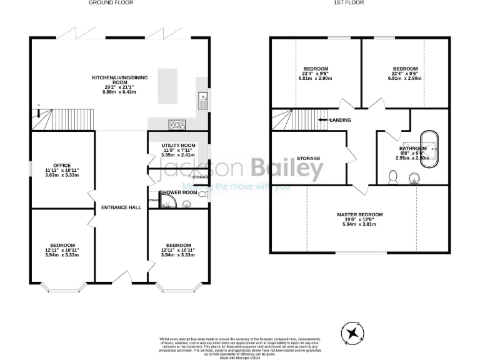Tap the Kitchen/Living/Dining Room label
click(x=114, y=84)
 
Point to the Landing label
click(x=340, y=120)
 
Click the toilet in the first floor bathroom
click(x=392, y=179)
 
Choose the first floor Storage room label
click(x=308, y=159)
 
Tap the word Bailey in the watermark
click(x=287, y=167)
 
